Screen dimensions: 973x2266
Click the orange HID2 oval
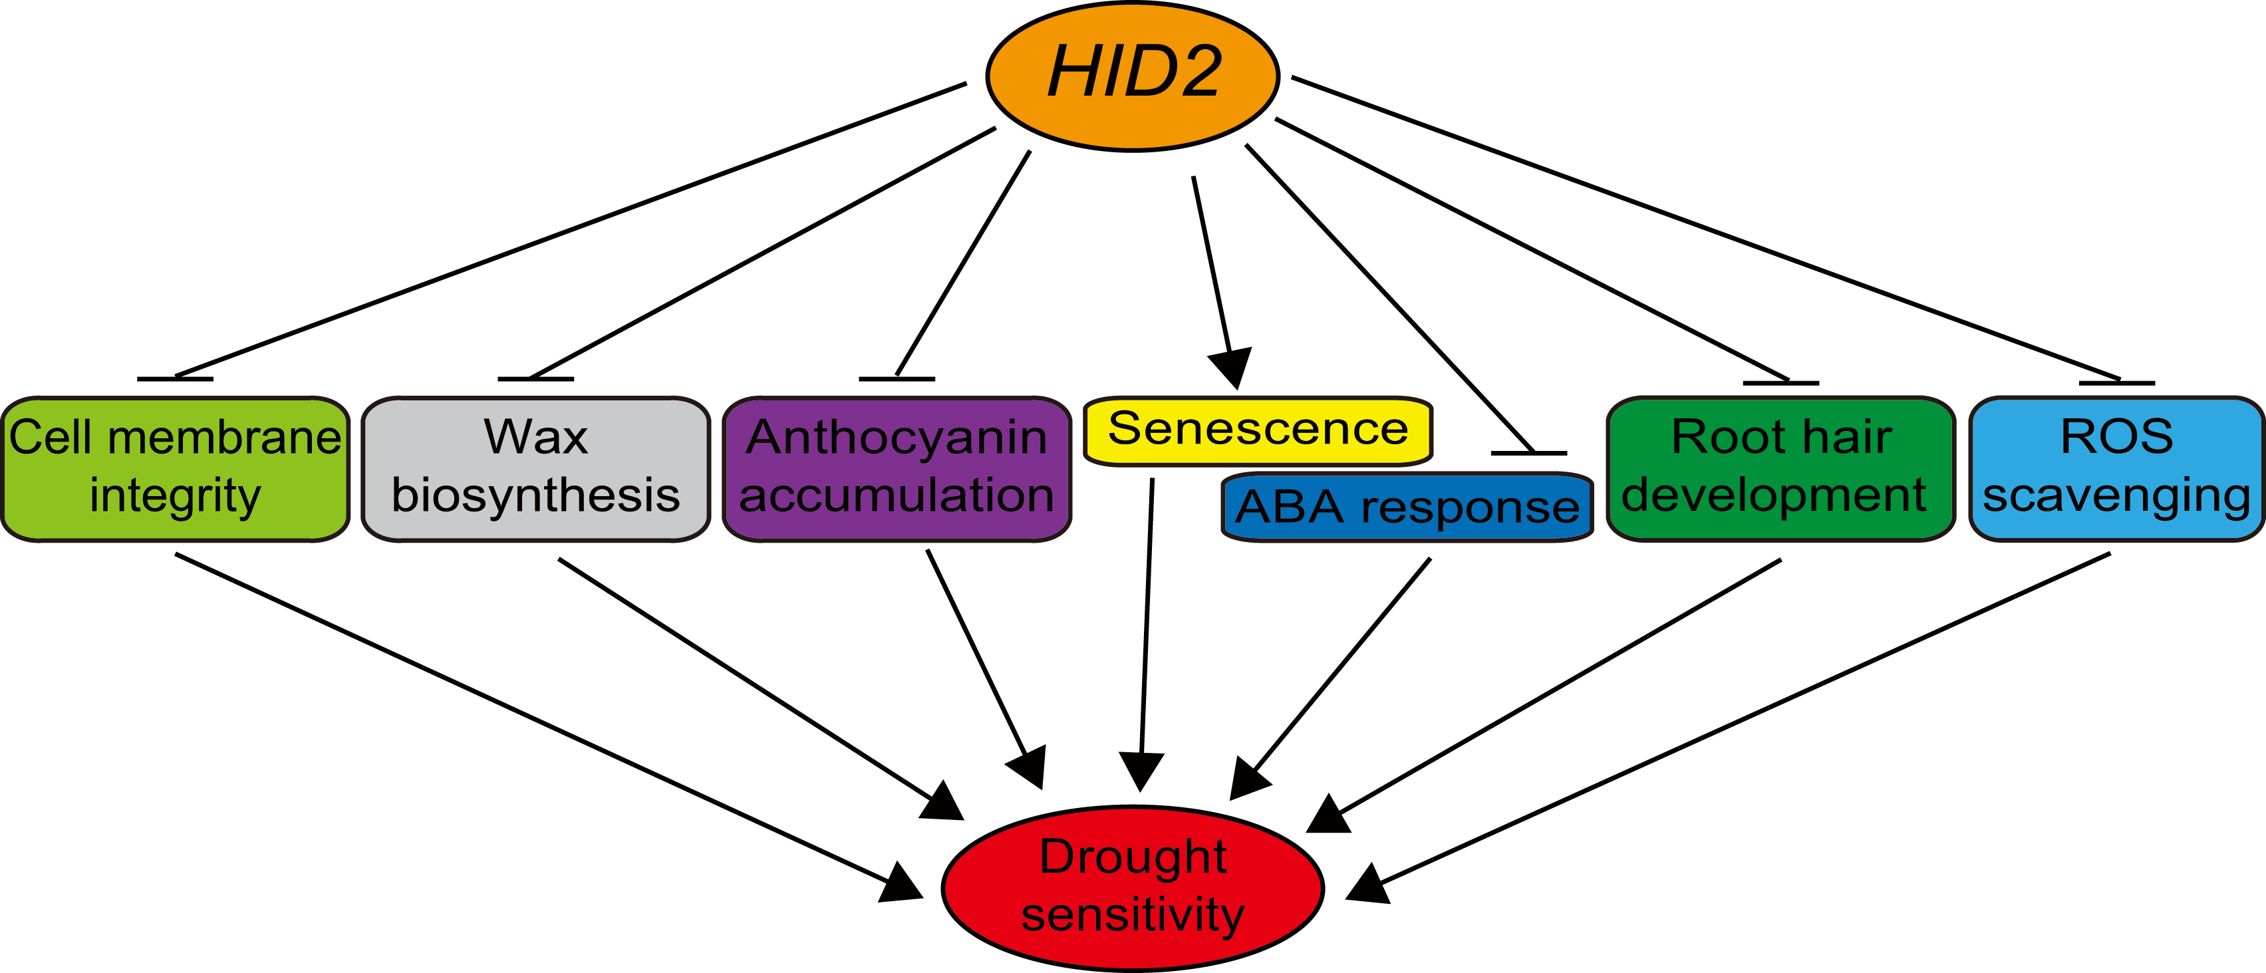1132,76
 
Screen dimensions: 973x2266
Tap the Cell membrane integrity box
175,468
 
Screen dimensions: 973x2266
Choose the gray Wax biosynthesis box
535,468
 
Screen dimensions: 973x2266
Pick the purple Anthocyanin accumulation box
897,468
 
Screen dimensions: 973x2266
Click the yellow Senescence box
1258,430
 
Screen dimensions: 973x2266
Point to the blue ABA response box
1407,507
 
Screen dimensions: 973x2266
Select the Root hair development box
1780,468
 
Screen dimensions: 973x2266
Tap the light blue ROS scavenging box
2116,468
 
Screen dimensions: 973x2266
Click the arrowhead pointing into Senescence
1232,366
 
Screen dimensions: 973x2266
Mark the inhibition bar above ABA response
1529,453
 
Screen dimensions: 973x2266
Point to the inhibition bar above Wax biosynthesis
535,379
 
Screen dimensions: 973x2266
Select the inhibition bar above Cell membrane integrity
175,379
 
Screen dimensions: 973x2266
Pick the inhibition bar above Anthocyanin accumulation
897,379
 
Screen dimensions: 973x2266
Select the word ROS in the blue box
2116,436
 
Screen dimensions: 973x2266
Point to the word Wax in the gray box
535,436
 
